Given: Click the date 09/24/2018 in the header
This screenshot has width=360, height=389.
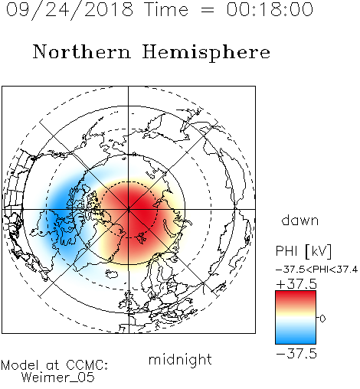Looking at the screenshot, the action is coord(70,10).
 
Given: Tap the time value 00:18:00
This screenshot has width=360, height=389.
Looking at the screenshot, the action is coord(270,9).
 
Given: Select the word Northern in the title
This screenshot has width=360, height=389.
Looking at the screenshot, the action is coord(82,52).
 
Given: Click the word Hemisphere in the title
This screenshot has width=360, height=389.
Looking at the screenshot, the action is coord(206,53).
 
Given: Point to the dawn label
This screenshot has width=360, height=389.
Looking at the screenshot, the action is coord(300,220).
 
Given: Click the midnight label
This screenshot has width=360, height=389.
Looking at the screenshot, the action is coord(180,360).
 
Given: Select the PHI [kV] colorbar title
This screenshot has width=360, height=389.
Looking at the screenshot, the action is coord(303,251).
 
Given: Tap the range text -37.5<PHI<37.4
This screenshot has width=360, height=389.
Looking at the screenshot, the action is coord(316,270).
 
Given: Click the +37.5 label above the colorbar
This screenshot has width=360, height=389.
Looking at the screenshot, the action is coord(296,284).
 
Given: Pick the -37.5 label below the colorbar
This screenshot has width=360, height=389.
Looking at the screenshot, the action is coord(296,354).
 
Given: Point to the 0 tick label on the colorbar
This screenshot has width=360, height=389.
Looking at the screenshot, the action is coord(322,319).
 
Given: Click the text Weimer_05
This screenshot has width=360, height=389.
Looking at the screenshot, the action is coord(58,378).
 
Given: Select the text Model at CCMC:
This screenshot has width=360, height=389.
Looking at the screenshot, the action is coord(54,365).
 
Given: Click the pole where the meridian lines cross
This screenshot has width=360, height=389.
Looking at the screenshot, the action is coord(129,209).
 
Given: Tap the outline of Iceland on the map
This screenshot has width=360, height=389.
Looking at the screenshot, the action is coord(112,274).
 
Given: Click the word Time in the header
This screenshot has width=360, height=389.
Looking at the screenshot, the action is coord(166,9).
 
